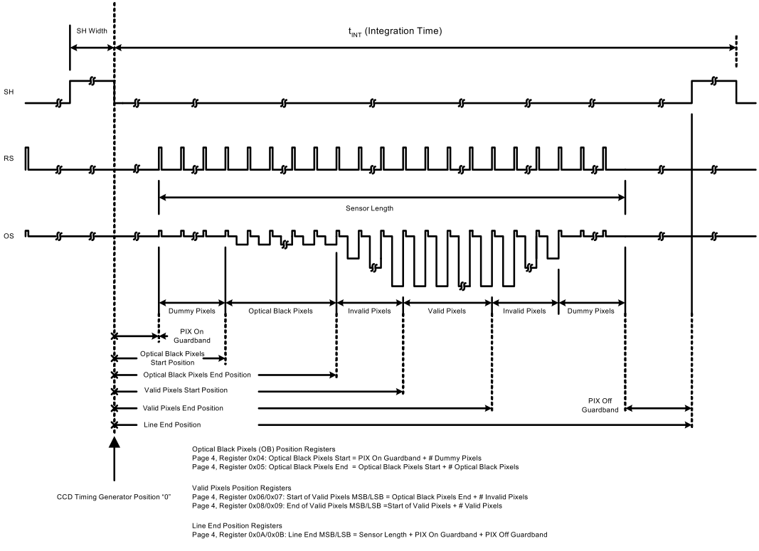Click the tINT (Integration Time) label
click(395, 31)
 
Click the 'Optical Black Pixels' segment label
click(280, 311)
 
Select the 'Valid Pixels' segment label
click(447, 311)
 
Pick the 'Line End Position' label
click(171, 425)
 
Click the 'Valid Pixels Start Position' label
click(185, 390)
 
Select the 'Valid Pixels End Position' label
click(183, 408)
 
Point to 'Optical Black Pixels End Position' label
click(197, 374)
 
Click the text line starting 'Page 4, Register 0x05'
click(355, 467)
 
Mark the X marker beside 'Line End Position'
click(114, 425)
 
